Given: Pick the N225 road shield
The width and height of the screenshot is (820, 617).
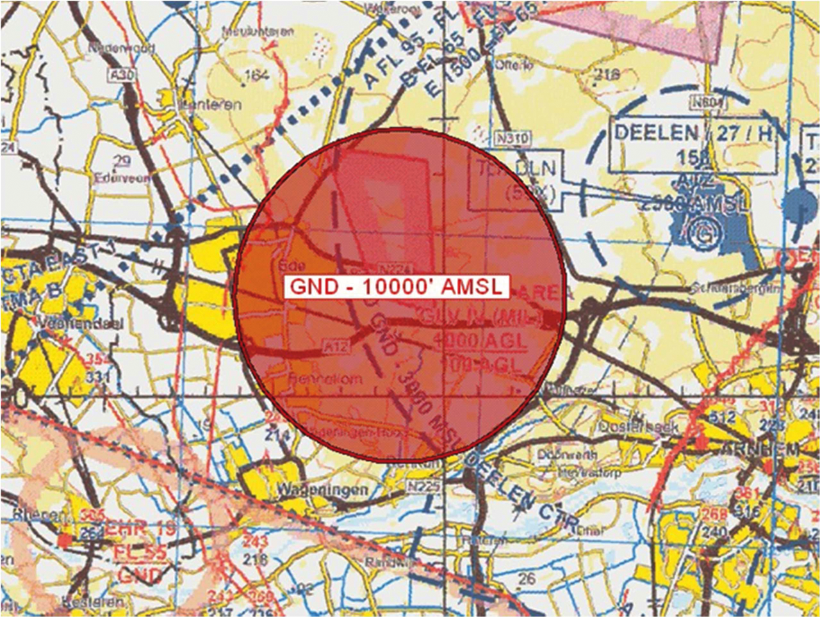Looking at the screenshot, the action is [423, 487].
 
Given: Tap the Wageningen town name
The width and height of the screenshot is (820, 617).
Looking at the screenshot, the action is [322, 490].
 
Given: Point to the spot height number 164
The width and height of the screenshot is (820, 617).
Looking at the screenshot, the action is [257, 76].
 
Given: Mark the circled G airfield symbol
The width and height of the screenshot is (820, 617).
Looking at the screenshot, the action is [703, 234].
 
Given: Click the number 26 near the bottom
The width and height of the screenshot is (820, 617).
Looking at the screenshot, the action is [526, 579].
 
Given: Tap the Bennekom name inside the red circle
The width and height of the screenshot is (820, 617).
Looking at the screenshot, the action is [325, 379].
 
